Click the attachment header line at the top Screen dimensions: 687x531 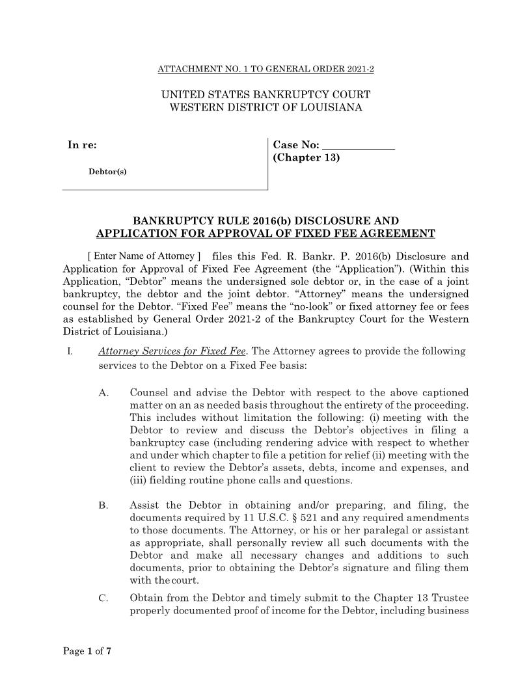[x=265, y=68]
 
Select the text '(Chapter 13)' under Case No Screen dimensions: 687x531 [x=306, y=157]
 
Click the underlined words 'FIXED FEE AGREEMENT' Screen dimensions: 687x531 [x=369, y=234]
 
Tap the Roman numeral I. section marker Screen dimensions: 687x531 [x=68, y=352]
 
